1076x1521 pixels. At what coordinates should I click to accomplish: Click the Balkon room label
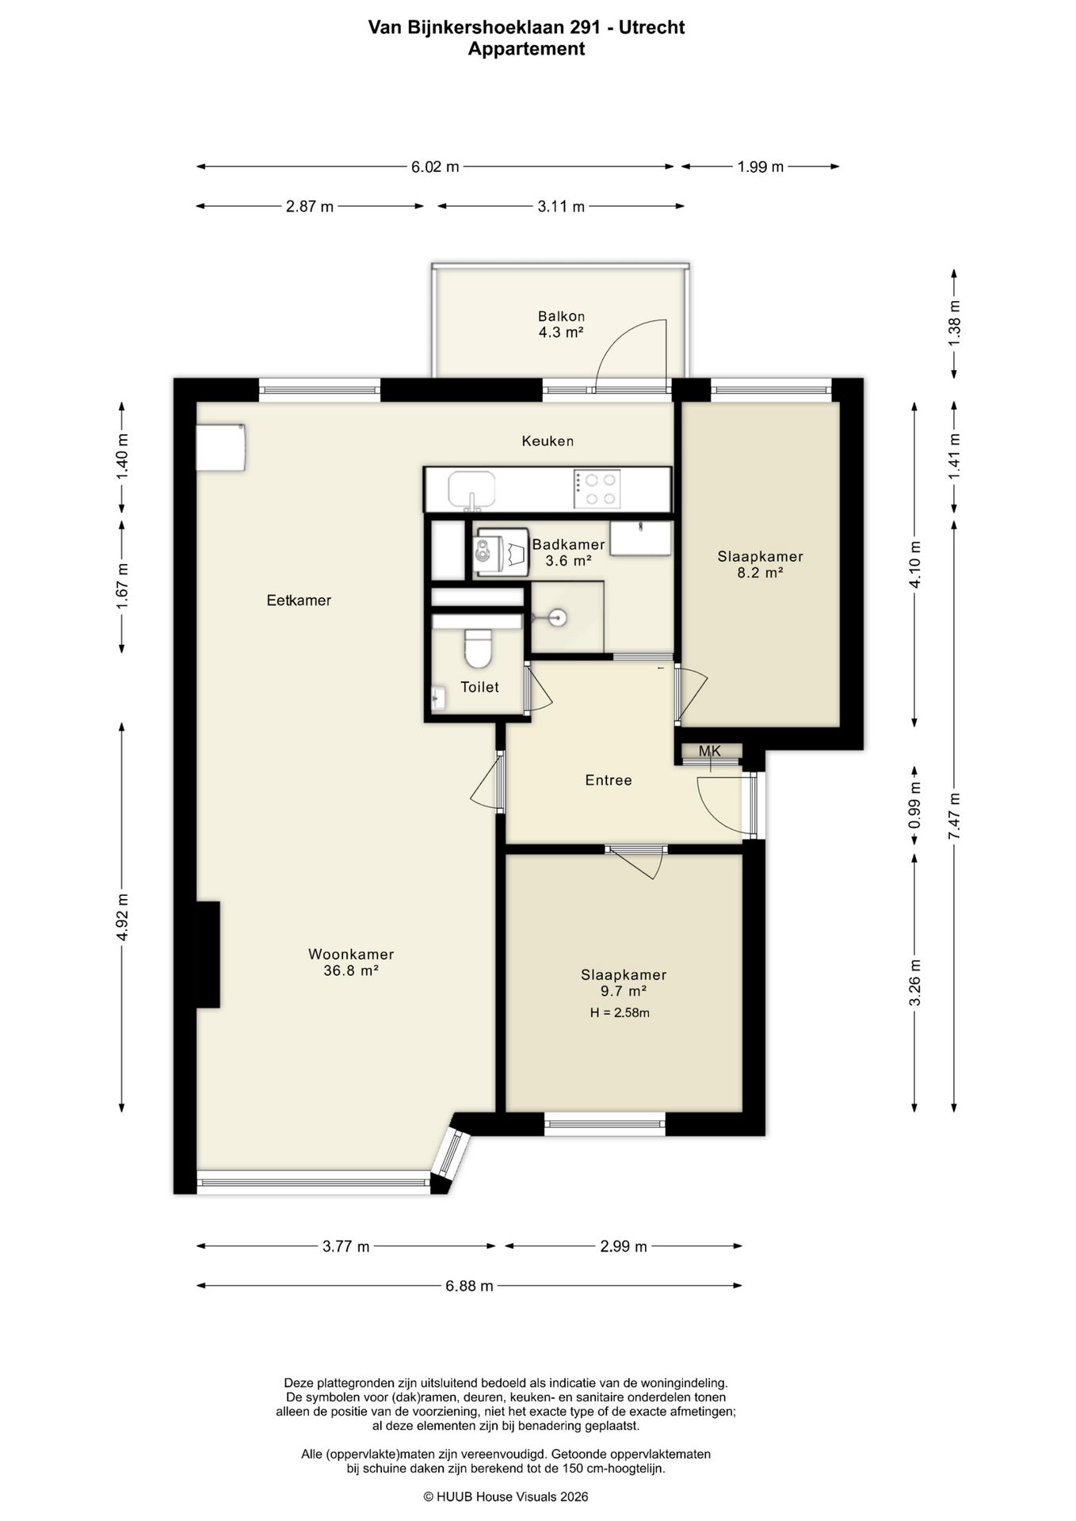pyautogui.click(x=561, y=324)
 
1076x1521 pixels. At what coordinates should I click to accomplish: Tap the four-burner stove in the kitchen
pyautogui.click(x=597, y=489)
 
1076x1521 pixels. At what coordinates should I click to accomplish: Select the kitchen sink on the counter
pyautogui.click(x=471, y=490)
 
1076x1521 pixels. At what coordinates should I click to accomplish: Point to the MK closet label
pyautogui.click(x=710, y=750)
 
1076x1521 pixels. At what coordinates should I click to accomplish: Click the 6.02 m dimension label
pyautogui.click(x=435, y=166)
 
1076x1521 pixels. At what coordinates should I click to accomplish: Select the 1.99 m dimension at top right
pyautogui.click(x=761, y=166)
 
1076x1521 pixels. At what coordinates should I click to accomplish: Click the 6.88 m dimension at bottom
pyautogui.click(x=469, y=1285)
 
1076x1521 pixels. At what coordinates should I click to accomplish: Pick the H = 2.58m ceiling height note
pyautogui.click(x=620, y=1012)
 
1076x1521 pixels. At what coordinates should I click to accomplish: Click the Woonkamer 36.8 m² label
pyautogui.click(x=351, y=963)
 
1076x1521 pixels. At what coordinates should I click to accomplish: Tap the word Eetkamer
pyautogui.click(x=299, y=600)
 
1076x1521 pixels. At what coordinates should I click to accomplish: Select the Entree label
pyautogui.click(x=609, y=780)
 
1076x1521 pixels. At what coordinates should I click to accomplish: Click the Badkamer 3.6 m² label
pyautogui.click(x=568, y=553)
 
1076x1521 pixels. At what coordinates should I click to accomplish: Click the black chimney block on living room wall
pyautogui.click(x=208, y=955)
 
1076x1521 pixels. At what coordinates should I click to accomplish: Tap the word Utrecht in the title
pyautogui.click(x=652, y=28)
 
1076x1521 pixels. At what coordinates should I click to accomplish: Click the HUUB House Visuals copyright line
pyautogui.click(x=506, y=1496)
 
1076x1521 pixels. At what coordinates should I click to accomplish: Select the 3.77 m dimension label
pyautogui.click(x=346, y=1246)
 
